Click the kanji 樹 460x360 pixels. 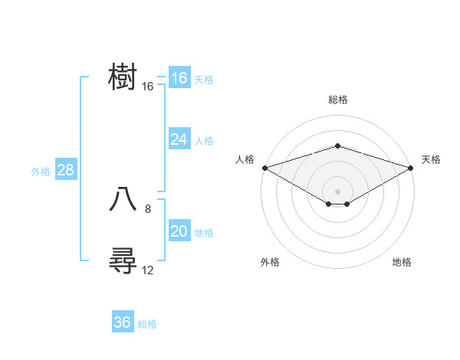(123, 78)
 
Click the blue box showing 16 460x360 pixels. (179, 78)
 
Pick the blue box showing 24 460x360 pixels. (179, 139)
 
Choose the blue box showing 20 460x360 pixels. (179, 231)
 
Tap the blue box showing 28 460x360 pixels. (65, 170)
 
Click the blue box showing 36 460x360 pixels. (122, 322)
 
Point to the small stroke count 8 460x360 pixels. (148, 208)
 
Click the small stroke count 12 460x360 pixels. (148, 270)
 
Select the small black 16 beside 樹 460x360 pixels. (148, 87)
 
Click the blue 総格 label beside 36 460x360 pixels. (147, 324)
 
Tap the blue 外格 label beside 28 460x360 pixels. (41, 172)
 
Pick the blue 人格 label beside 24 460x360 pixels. (204, 141)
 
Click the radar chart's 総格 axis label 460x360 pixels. (337, 100)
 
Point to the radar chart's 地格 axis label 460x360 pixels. (402, 262)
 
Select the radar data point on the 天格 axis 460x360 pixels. (411, 167)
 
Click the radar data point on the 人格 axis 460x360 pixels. (264, 167)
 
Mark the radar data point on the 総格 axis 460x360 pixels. (337, 146)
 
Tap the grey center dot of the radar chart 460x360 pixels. (337, 191)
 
